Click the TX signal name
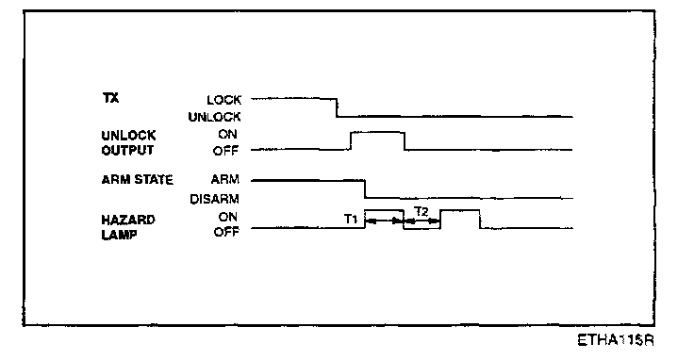pyautogui.click(x=110, y=98)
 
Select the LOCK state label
pyautogui.click(x=224, y=100)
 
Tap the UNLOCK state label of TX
pyautogui.click(x=215, y=117)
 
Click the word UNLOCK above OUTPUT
pyautogui.click(x=128, y=135)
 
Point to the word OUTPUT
pyautogui.click(x=127, y=151)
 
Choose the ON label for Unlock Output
pyautogui.click(x=227, y=135)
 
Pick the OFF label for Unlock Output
pyautogui.click(x=225, y=151)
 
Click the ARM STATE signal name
pyautogui.click(x=138, y=180)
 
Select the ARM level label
pyautogui.click(x=224, y=179)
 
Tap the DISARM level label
pyautogui.click(x=215, y=199)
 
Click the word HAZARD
pyautogui.click(x=128, y=220)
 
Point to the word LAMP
pyautogui.click(x=119, y=235)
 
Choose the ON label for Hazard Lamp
pyautogui.click(x=227, y=217)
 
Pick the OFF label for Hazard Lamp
pyautogui.click(x=226, y=232)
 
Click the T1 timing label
pyautogui.click(x=351, y=219)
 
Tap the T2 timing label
pyautogui.click(x=421, y=212)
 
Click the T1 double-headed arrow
pyautogui.click(x=384, y=221)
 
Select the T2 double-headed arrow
pyautogui.click(x=422, y=221)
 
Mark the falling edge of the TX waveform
pyautogui.click(x=337, y=108)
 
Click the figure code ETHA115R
pyautogui.click(x=616, y=340)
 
